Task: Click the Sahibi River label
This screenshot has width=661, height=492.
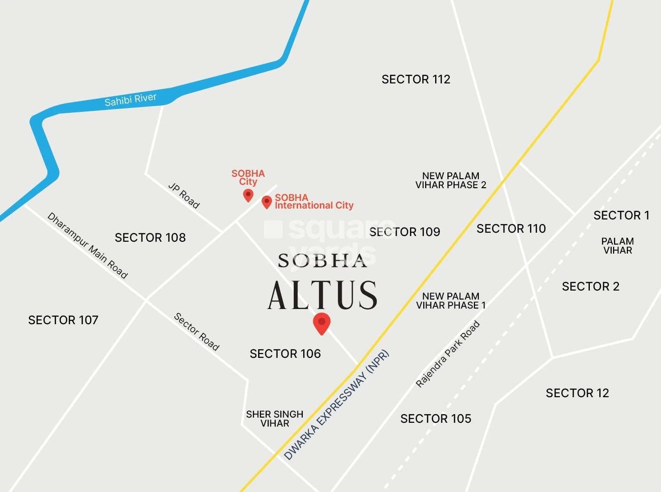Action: point(130,100)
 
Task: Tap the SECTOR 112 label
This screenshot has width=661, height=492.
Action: point(416,79)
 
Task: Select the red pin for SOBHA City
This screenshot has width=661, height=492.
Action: point(248,195)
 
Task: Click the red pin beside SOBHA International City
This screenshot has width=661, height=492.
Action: point(267,202)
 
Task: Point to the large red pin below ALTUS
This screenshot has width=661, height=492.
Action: point(322,323)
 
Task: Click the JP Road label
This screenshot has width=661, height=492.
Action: point(184,195)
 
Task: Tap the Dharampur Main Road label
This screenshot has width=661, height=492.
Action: point(88,246)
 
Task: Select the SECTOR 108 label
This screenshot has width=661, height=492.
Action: point(150,237)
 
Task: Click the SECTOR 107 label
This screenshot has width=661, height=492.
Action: point(63,320)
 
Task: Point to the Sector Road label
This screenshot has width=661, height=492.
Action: point(196,332)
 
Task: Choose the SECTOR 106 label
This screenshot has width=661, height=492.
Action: point(285,354)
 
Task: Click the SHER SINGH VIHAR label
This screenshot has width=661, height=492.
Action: point(274,419)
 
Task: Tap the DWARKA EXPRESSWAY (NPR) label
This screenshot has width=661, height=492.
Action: point(336,405)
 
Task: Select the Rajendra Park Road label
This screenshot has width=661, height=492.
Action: point(447,354)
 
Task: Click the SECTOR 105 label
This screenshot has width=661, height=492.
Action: point(436,419)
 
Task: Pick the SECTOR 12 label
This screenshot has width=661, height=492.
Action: point(577,393)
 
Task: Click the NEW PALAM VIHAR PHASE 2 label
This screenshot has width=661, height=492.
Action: point(451,181)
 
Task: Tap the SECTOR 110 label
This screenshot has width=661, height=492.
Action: point(511,228)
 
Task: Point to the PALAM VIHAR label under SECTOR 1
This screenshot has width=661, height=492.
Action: point(617,246)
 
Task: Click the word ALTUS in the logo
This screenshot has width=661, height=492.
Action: point(322,295)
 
